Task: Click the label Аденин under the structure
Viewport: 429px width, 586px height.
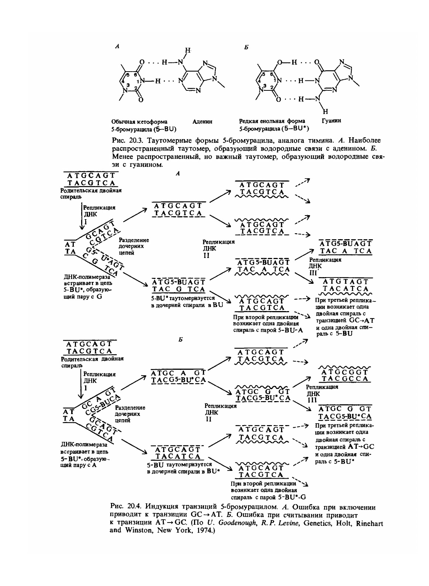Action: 203,121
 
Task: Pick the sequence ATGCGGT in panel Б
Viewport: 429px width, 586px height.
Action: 345,372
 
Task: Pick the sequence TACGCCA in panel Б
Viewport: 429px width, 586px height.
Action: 345,379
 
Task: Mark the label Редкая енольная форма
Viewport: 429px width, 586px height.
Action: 272,121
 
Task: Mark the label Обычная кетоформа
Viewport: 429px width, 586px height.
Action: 139,121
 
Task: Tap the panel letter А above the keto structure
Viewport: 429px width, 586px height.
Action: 117,46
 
